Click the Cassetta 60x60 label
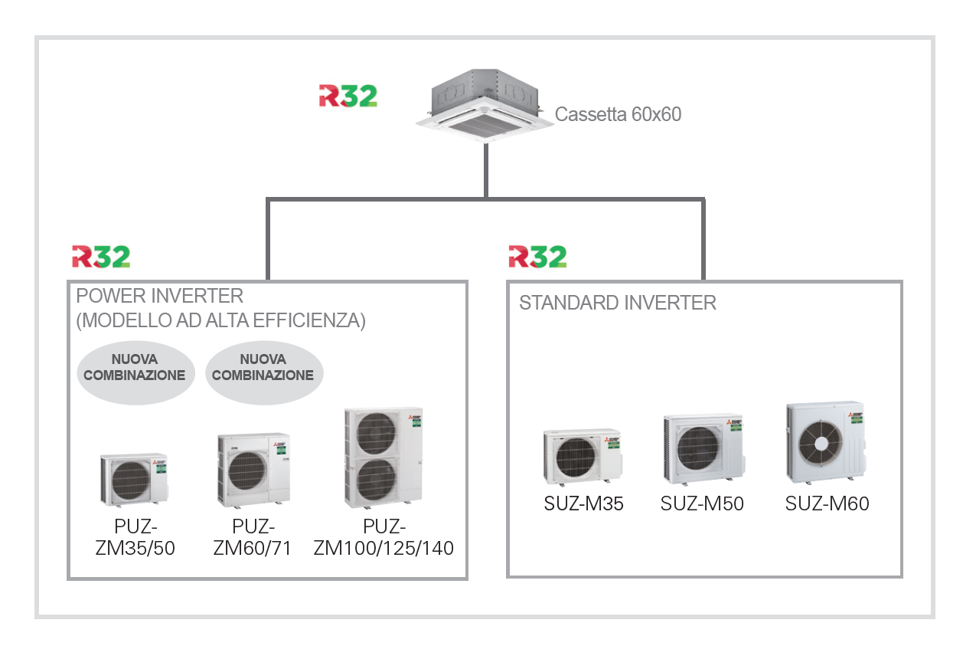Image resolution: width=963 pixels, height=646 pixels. point(618,115)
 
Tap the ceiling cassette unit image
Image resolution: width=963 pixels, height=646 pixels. point(484,107)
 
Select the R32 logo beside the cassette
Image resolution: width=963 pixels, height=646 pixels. point(348,96)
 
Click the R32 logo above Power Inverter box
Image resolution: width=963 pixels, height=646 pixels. point(101,257)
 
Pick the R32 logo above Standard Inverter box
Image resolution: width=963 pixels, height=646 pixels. point(537,257)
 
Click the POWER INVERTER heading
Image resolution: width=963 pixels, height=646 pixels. point(159,296)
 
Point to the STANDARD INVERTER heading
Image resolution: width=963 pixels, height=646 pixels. point(618,303)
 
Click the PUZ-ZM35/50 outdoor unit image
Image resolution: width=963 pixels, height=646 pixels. point(134,479)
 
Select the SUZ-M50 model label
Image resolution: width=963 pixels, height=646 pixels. point(702,504)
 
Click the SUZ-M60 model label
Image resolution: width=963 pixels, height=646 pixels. point(827,504)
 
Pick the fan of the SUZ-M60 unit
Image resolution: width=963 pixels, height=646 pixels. point(820,443)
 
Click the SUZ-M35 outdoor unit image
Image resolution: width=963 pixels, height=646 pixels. point(582,457)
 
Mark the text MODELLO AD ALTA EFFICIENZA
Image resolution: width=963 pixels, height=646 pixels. point(221,321)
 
